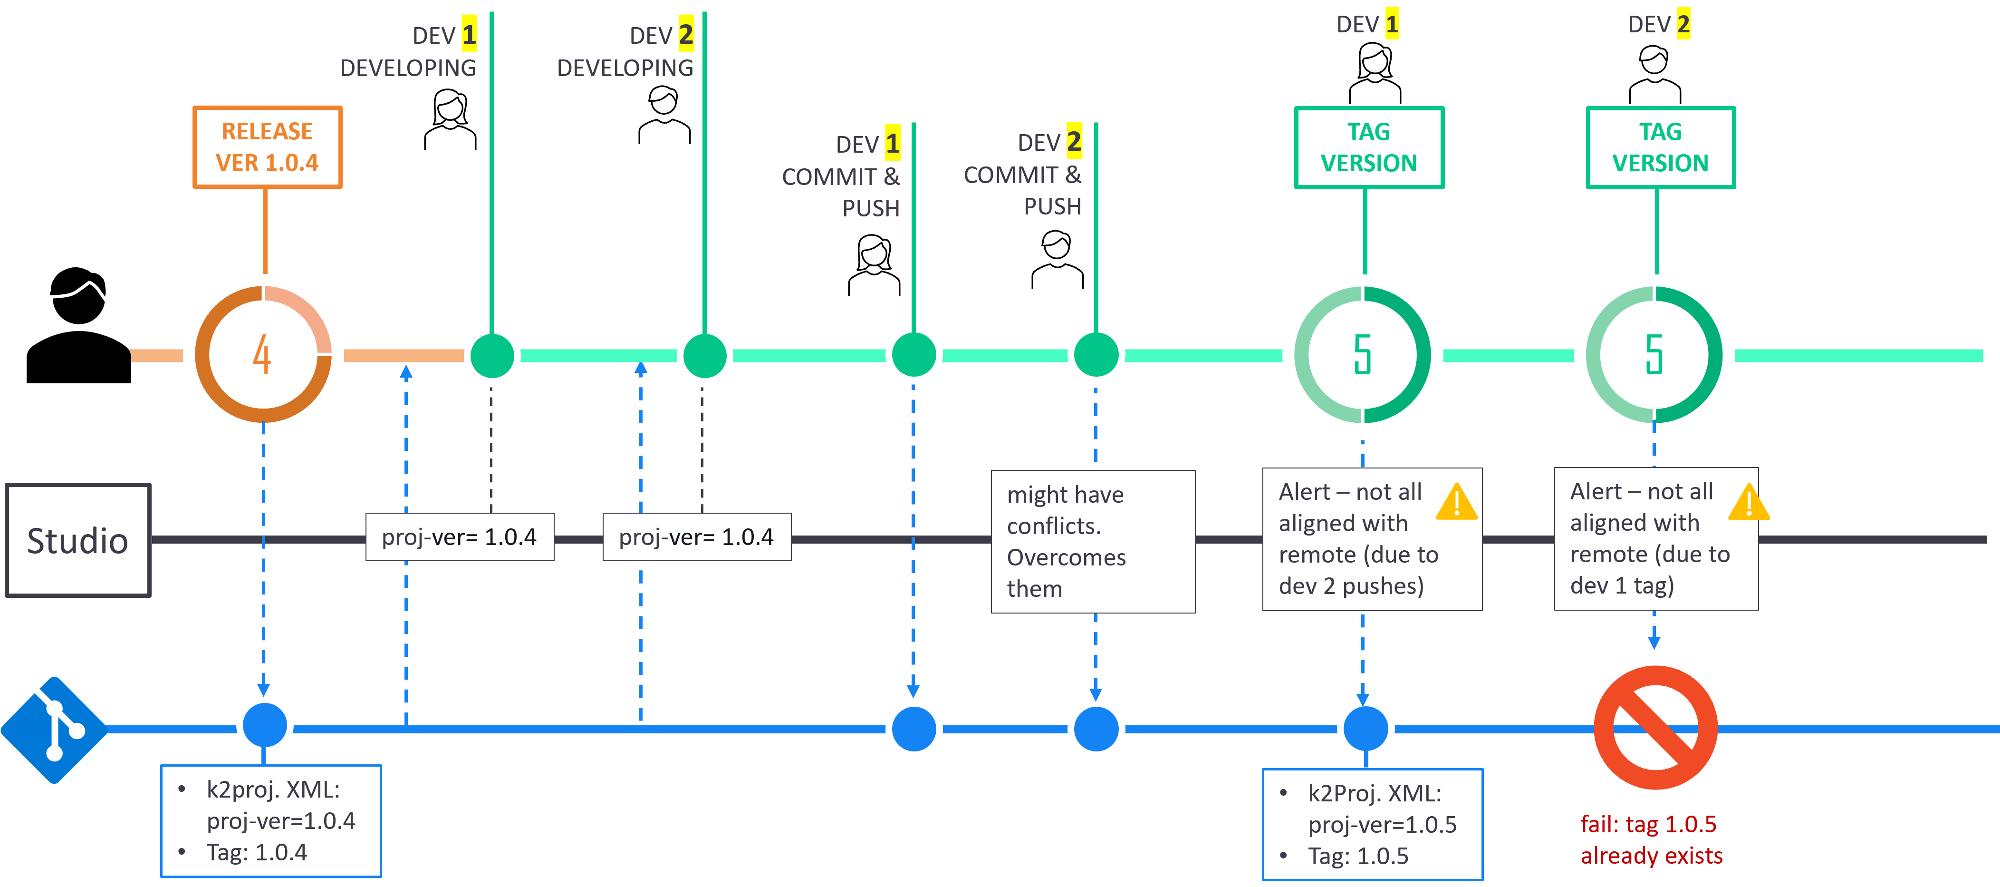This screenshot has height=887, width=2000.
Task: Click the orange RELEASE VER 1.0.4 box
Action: click(x=267, y=147)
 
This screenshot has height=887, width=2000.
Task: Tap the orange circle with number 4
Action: click(x=263, y=355)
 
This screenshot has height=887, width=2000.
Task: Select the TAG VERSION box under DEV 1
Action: click(x=1369, y=147)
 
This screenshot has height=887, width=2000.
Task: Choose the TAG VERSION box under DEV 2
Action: click(x=1660, y=147)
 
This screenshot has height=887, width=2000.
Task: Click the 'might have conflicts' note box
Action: click(x=1092, y=541)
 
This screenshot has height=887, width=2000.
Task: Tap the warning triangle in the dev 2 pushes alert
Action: click(x=1457, y=503)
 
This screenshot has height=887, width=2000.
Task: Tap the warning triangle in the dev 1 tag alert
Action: click(x=1749, y=503)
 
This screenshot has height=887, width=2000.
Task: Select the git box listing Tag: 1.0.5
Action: click(x=1372, y=824)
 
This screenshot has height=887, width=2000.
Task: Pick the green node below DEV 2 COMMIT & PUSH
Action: click(x=1096, y=355)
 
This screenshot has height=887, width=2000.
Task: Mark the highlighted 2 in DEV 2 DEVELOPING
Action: click(x=685, y=35)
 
